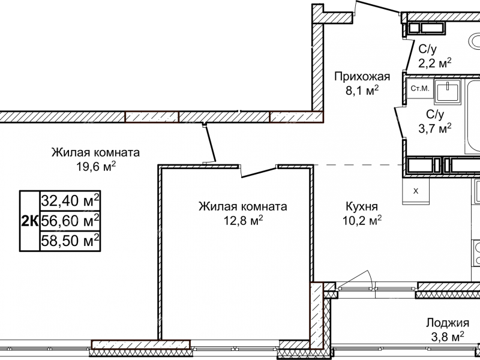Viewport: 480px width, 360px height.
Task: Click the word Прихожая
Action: [x=362, y=76]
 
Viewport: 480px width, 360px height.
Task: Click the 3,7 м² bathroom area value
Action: [x=434, y=127]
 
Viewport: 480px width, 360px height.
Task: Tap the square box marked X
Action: [x=416, y=191]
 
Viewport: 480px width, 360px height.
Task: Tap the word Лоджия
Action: [x=447, y=322]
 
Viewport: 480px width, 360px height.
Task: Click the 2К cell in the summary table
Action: [x=29, y=221]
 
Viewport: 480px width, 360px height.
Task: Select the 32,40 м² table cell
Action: [x=70, y=200]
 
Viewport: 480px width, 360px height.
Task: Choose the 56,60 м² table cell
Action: [x=70, y=221]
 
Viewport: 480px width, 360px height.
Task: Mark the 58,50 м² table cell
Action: [x=70, y=241]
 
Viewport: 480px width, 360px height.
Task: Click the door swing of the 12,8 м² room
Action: [x=258, y=171]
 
